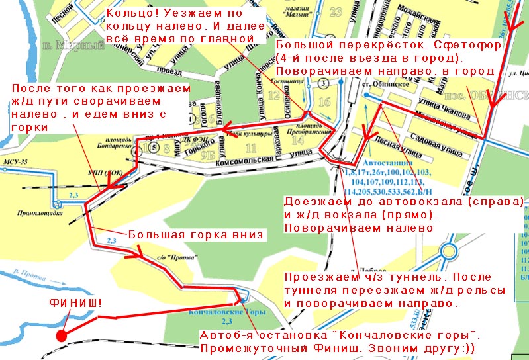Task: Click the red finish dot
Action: coord(61,336)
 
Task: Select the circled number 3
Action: coord(322,83)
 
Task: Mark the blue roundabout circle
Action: coord(450,252)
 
